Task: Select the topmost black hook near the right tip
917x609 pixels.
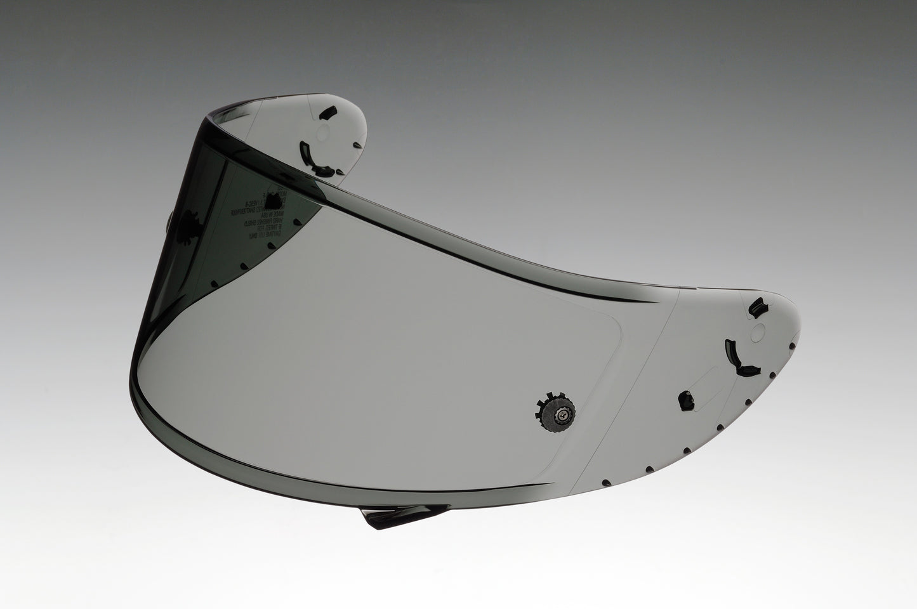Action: click(x=757, y=310)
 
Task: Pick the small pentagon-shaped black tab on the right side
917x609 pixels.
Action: click(x=685, y=400)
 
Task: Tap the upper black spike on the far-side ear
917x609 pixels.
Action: click(x=359, y=146)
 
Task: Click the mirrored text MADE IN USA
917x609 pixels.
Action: click(x=273, y=214)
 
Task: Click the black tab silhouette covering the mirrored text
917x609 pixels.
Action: click(x=273, y=201)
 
